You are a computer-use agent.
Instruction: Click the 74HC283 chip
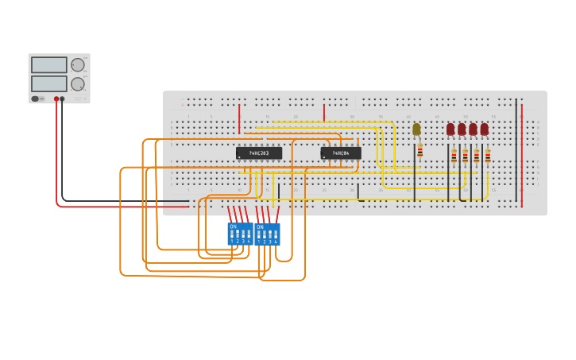tap(259, 153)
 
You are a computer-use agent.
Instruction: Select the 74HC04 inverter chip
tap(341, 153)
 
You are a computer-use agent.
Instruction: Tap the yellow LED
tap(416, 129)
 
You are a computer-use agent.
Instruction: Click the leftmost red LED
tap(450, 129)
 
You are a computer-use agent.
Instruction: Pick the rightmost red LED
tap(484, 129)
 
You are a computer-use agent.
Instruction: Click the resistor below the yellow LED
tap(420, 151)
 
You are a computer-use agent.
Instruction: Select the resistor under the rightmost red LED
tap(488, 156)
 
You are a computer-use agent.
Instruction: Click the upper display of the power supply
tap(48, 65)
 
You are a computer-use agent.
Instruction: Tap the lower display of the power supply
tap(48, 83)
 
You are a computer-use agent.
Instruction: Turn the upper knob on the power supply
tap(77, 65)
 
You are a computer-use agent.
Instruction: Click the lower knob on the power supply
tap(77, 84)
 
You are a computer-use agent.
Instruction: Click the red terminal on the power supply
tap(56, 99)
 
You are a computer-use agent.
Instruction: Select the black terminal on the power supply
tap(63, 99)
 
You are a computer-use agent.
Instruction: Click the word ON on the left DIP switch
tap(233, 226)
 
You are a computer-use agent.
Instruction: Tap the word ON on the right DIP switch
tap(260, 227)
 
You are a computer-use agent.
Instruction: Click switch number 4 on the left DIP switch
tap(249, 235)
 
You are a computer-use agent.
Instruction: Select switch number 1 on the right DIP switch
tap(259, 236)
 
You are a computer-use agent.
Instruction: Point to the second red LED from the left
tap(462, 129)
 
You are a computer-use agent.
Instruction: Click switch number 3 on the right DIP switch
tap(270, 236)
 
